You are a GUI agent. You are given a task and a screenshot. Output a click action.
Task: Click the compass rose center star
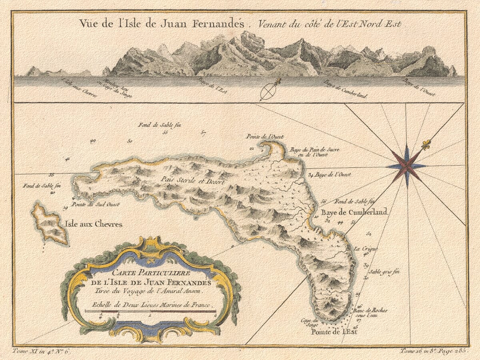(407, 166)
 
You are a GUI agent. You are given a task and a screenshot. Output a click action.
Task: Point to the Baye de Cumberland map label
(353, 212)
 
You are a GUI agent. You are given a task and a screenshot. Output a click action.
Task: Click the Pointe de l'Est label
(334, 332)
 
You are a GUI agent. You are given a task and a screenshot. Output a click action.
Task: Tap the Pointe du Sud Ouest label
(95, 204)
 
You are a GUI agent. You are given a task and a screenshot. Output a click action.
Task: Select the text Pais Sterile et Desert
(191, 180)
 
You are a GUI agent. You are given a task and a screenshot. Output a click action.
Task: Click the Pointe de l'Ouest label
(265, 137)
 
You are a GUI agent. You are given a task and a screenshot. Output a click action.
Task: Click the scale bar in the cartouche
(150, 311)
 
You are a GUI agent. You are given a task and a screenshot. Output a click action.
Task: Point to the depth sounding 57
(204, 133)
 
